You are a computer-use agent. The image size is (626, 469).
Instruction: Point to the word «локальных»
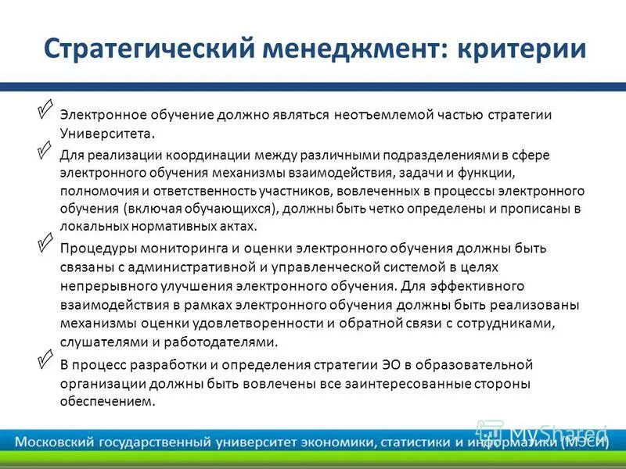(x=92, y=227)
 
